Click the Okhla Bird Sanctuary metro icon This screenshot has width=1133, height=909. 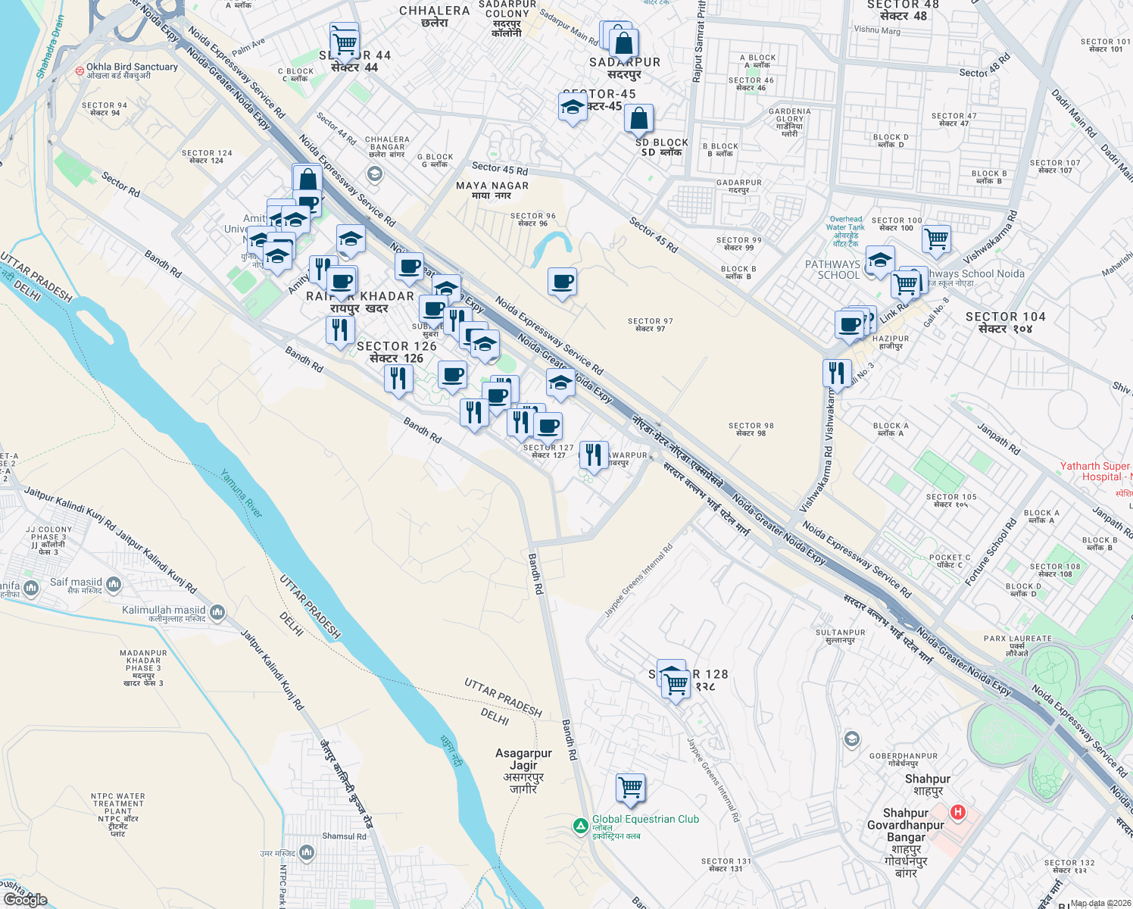pyautogui.click(x=80, y=70)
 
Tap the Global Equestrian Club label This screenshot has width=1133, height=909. pyautogui.click(x=645, y=820)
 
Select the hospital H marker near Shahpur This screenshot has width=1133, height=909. pyautogui.click(x=958, y=812)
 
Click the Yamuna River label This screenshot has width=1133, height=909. pyautogui.click(x=242, y=493)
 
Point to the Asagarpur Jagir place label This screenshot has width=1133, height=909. pyautogui.click(x=523, y=770)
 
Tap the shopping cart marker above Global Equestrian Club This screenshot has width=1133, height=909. pyautogui.click(x=630, y=788)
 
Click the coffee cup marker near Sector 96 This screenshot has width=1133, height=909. pyautogui.click(x=562, y=282)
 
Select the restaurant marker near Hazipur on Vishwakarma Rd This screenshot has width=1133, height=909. pyautogui.click(x=836, y=373)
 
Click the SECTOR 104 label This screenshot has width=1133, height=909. pyautogui.click(x=1005, y=322)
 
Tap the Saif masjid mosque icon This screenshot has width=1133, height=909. pyautogui.click(x=114, y=583)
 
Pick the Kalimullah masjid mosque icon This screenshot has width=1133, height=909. pyautogui.click(x=217, y=611)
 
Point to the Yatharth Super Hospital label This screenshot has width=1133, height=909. pyautogui.click(x=1096, y=471)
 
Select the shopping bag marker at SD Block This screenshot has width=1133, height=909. pyautogui.click(x=638, y=119)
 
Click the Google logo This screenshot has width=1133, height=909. pyautogui.click(x=25, y=900)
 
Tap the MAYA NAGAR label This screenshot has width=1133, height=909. pyautogui.click(x=492, y=190)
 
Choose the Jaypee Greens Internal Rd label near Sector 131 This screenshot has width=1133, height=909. pyautogui.click(x=713, y=779)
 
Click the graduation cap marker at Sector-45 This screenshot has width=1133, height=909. pyautogui.click(x=573, y=107)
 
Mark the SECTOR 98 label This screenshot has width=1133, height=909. pyautogui.click(x=751, y=430)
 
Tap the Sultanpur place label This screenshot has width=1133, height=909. pyautogui.click(x=840, y=636)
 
